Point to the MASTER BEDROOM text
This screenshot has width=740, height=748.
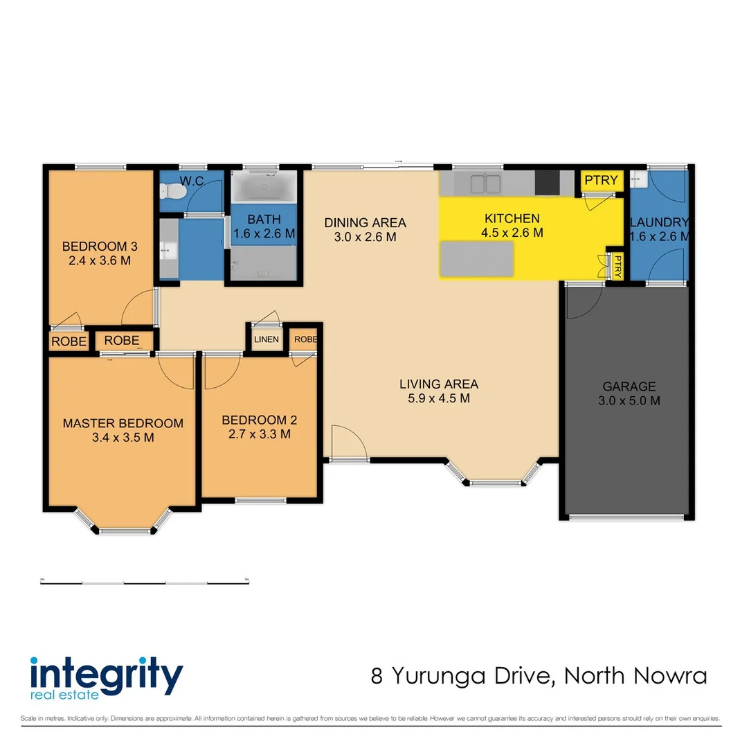[x=123, y=423]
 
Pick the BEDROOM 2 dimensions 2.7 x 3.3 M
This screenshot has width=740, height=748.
[x=255, y=434]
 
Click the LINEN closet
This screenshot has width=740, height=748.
[x=267, y=339]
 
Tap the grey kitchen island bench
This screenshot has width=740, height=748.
[x=477, y=259]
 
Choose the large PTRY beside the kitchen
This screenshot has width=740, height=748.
[x=601, y=181]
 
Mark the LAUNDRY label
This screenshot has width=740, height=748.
[x=658, y=223]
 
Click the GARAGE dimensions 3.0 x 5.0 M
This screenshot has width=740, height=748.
[x=629, y=401]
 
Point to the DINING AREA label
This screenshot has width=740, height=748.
[x=366, y=223]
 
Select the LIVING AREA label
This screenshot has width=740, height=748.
[x=438, y=384]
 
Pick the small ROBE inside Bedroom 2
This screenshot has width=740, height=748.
[x=305, y=339]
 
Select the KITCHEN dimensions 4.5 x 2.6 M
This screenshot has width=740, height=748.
[x=512, y=233]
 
